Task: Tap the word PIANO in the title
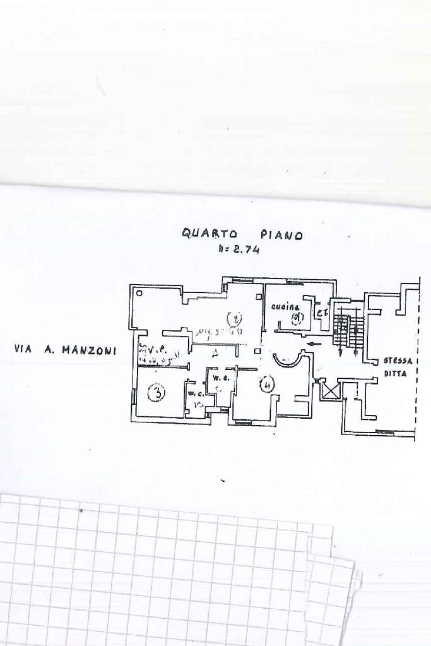pyautogui.click(x=281, y=235)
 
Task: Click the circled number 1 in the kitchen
pyautogui.click(x=297, y=318)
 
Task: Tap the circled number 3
pyautogui.click(x=155, y=394)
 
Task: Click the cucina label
pyautogui.click(x=285, y=306)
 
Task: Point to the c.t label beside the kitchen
pyautogui.click(x=322, y=313)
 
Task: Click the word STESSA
pyautogui.click(x=398, y=361)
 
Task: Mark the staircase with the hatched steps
pyautogui.click(x=349, y=330)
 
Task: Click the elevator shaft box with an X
pyautogui.click(x=329, y=392)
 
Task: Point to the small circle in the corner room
pyautogui.click(x=139, y=293)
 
